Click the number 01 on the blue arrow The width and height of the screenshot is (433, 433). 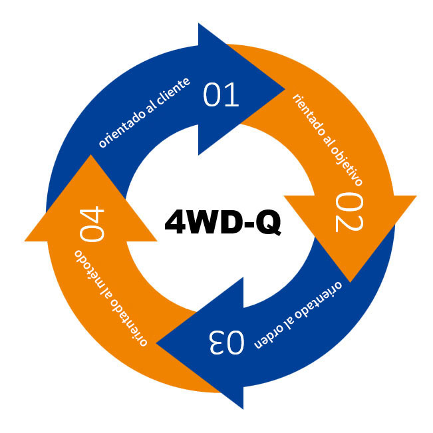pos(221,94)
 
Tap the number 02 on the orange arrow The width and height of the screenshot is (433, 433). pos(349,212)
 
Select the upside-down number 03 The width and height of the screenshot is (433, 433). pos(227,342)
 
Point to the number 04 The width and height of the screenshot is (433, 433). pos(92,224)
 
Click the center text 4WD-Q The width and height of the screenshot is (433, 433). pos(223,221)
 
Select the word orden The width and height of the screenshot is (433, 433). pos(270,337)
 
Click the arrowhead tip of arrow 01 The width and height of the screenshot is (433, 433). pos(285,89)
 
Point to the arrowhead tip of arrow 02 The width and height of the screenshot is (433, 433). pos(350,282)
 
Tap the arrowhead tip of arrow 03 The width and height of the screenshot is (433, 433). pos(156,343)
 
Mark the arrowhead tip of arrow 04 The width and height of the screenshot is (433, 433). pos(90,155)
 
